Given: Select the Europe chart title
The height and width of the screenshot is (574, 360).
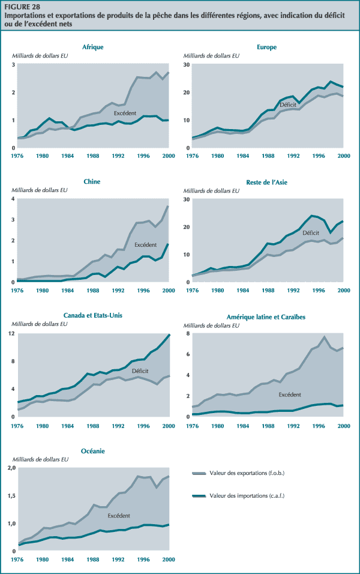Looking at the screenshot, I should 266,47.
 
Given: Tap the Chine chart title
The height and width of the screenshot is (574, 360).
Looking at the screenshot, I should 92,181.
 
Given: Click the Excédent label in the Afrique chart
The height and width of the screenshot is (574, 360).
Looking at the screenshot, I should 125,113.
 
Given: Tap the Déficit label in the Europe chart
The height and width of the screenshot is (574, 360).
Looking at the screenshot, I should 289,104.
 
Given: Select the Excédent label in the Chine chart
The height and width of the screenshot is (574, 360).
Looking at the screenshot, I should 145,244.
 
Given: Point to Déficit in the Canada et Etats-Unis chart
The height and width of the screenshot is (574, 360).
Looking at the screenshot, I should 140,370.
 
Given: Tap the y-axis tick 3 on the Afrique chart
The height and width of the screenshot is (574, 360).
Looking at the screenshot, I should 14,64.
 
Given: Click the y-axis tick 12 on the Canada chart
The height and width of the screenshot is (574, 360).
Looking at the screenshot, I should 13,333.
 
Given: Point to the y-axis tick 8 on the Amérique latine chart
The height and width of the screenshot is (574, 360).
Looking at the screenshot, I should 187,333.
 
